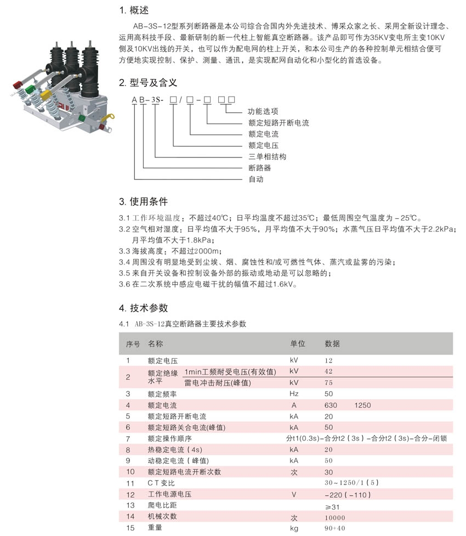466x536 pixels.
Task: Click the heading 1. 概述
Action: pyautogui.click(x=134, y=10)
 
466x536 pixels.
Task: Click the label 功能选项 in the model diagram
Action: pyautogui.click(x=263, y=111)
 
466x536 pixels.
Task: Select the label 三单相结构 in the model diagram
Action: pyautogui.click(x=267, y=156)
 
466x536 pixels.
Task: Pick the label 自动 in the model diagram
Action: pyautogui.click(x=256, y=179)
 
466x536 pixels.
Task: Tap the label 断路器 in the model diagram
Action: pyautogui.click(x=259, y=168)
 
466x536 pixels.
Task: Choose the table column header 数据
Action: pyautogui.click(x=332, y=343)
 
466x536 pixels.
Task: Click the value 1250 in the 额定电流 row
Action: pyautogui.click(x=362, y=405)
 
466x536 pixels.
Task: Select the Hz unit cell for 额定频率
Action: pyautogui.click(x=294, y=393)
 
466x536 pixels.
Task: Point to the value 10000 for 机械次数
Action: pyautogui.click(x=335, y=517)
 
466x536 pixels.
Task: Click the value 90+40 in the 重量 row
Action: pyautogui.click(x=335, y=528)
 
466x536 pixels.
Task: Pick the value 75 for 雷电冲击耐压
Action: pyautogui.click(x=328, y=382)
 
